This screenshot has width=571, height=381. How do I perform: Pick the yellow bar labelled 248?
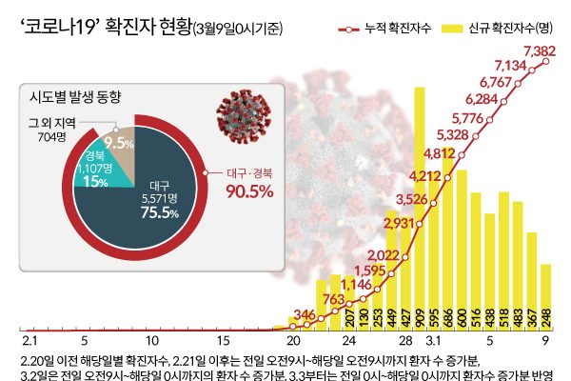(545, 295)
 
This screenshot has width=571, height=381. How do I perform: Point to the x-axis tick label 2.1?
(29, 340)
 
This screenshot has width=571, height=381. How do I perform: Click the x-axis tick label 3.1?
(433, 340)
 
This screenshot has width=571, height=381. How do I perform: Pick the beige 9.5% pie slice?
(118, 143)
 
